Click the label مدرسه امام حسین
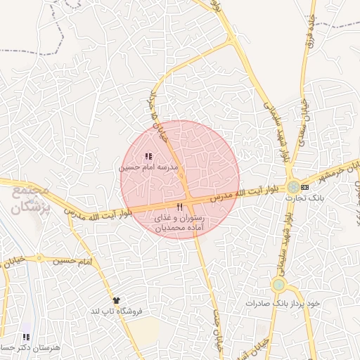pos(143,168)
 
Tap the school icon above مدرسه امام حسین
pos(148,156)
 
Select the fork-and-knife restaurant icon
pos(180,206)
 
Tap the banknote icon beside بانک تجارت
pos(304,187)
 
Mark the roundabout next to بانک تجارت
pos(292,187)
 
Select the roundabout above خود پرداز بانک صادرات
pos(279,285)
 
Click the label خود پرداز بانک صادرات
pos(283,302)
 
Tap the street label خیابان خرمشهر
pos(337,171)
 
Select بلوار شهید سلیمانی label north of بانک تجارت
pos(276,130)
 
